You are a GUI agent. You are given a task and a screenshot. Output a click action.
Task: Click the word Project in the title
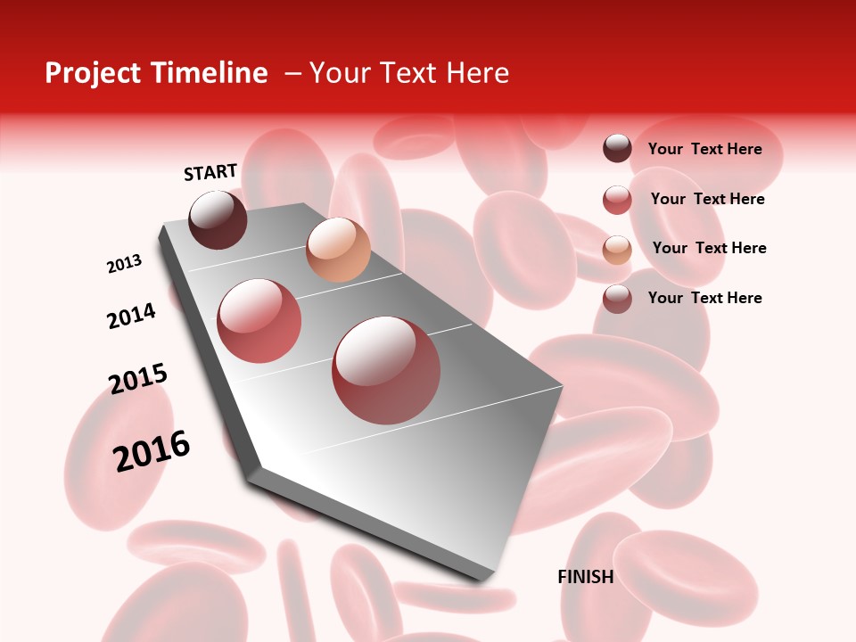(94, 73)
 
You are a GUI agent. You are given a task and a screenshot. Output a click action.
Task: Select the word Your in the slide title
(340, 73)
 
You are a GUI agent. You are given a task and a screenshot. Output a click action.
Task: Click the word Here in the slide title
(477, 73)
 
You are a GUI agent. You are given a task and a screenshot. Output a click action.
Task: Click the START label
(210, 172)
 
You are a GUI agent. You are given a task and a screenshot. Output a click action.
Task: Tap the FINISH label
(585, 577)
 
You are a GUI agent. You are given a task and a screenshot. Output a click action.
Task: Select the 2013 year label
(124, 264)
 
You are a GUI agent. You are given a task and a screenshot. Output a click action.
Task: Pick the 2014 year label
(131, 316)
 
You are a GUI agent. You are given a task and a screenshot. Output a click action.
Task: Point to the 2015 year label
(138, 379)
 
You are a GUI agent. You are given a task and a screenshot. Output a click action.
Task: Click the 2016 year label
(152, 450)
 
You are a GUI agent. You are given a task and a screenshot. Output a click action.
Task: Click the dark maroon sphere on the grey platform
(218, 219)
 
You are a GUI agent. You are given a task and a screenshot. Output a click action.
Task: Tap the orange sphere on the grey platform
(338, 249)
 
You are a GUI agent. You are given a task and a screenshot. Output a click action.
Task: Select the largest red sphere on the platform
(386, 370)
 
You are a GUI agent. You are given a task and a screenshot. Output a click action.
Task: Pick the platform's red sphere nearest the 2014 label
(259, 321)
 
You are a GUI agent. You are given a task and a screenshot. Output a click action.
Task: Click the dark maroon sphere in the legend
(617, 148)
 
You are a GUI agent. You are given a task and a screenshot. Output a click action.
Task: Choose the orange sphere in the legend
(617, 250)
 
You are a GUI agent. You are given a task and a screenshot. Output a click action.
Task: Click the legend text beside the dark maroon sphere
(704, 149)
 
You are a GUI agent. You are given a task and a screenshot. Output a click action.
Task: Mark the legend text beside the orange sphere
(709, 248)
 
